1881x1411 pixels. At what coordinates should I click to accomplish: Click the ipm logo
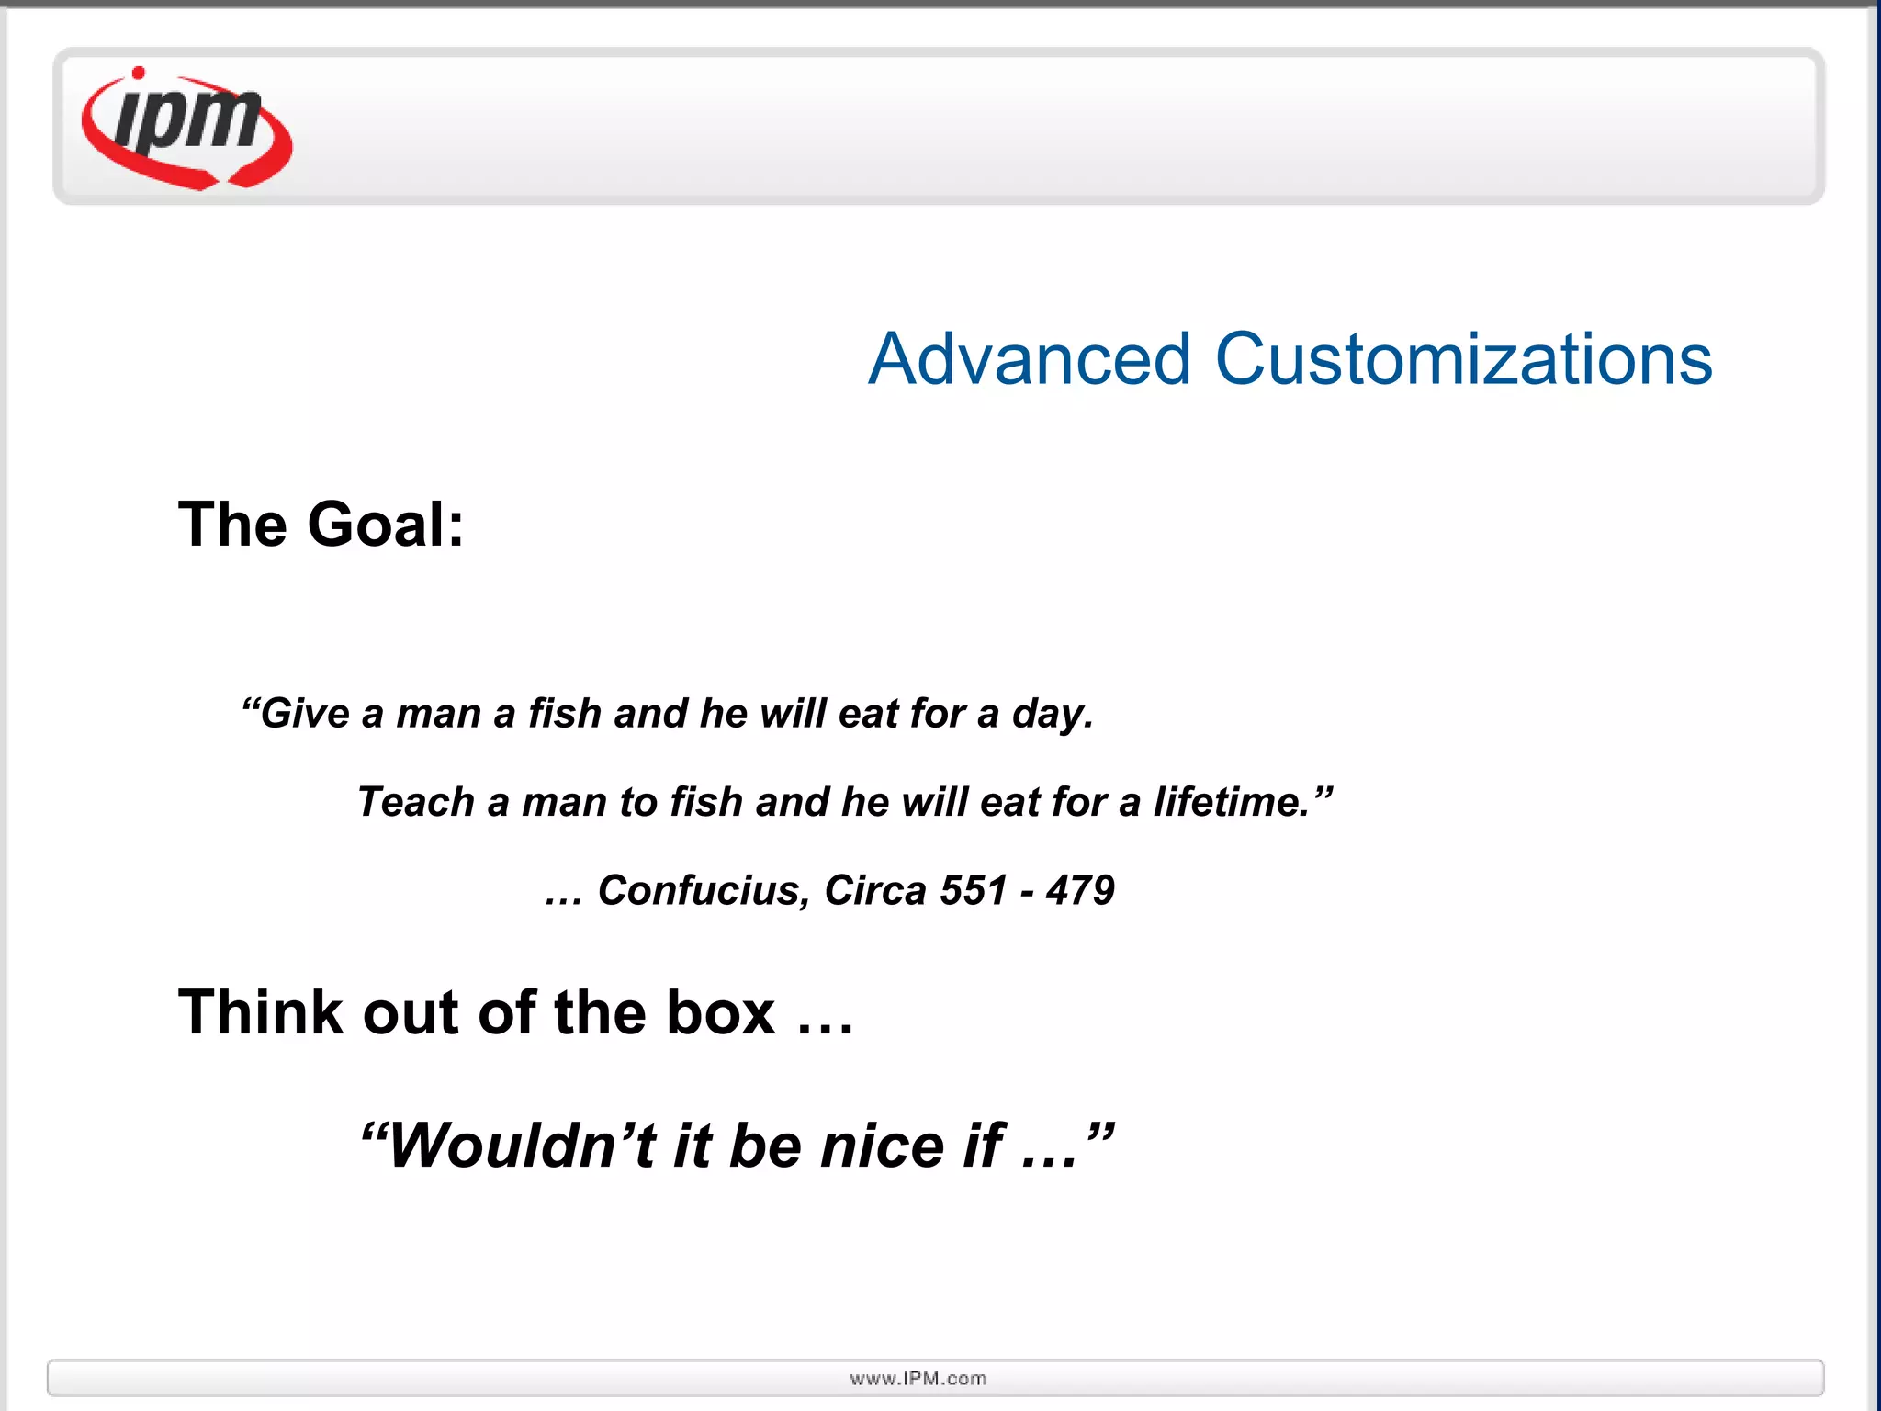[187, 129]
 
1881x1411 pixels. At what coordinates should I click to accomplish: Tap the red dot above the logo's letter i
[139, 73]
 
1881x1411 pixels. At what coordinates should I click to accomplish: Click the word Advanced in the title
[1030, 359]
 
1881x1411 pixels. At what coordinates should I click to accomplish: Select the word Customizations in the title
[1463, 359]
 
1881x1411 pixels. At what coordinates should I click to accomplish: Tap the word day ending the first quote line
[1052, 715]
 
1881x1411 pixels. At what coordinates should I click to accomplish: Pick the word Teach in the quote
[415, 802]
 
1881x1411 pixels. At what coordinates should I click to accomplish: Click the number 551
[974, 890]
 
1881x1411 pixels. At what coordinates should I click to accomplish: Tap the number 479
[1080, 890]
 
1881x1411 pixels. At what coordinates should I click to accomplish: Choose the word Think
[260, 1012]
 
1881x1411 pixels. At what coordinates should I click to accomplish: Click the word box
[721, 1012]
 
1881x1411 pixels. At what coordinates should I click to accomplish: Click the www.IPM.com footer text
[918, 1379]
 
